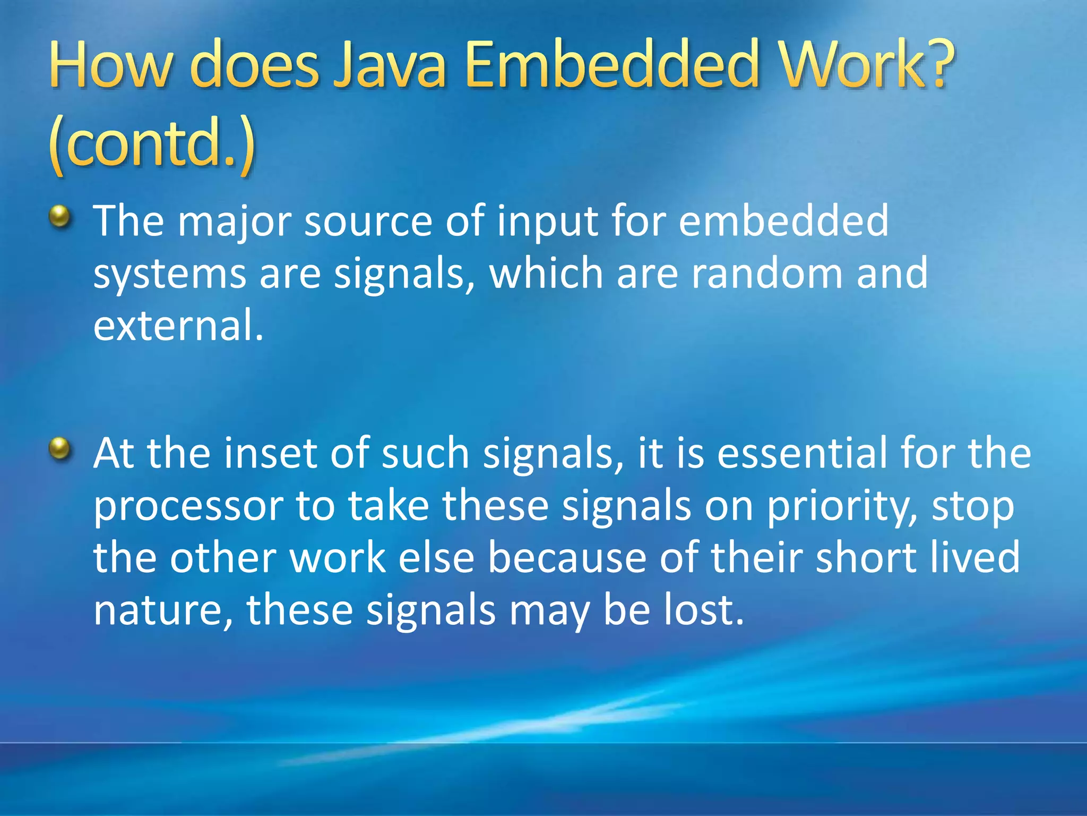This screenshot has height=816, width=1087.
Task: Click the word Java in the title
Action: [389, 65]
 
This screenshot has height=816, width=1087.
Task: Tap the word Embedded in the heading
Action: [611, 65]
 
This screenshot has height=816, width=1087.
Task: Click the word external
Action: [178, 325]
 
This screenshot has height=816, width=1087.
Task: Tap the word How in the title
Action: [111, 65]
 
